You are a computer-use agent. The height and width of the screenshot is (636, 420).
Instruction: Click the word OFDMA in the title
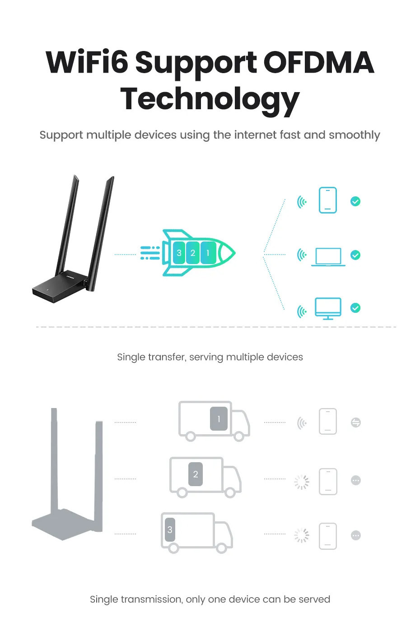click(318, 62)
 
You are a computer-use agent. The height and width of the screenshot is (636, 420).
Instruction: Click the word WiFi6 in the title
click(87, 61)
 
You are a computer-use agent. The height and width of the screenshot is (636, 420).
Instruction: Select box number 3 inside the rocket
click(179, 253)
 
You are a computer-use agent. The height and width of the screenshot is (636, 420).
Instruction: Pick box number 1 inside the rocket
click(208, 253)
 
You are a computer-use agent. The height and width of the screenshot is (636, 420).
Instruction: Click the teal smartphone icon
click(328, 200)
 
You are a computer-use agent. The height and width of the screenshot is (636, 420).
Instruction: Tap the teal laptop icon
click(328, 257)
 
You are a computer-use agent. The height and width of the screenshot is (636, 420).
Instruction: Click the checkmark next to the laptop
click(355, 255)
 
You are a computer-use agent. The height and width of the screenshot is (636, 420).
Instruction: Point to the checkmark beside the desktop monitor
click(355, 308)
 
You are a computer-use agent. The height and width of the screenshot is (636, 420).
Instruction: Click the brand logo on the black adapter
click(70, 276)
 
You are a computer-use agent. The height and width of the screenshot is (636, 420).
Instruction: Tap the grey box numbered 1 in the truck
click(219, 418)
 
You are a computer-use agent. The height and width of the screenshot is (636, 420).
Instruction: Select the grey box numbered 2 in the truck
click(196, 474)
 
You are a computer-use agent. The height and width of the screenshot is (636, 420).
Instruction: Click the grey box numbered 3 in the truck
click(170, 529)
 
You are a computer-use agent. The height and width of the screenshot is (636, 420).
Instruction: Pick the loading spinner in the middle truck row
click(302, 482)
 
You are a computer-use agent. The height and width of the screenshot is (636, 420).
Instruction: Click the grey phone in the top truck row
click(328, 421)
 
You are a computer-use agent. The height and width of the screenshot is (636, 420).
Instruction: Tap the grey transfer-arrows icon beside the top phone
click(356, 422)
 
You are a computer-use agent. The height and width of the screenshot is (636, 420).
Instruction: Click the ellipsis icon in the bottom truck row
click(356, 535)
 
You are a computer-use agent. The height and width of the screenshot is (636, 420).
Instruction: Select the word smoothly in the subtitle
click(355, 135)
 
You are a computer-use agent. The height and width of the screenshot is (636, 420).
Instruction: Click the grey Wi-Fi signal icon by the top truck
click(302, 423)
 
